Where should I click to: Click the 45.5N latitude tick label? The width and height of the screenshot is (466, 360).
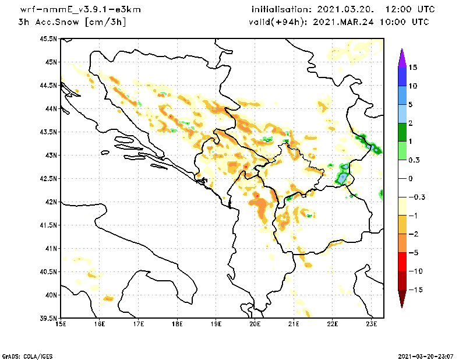[50, 39]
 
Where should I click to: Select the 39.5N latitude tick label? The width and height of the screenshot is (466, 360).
[50, 318]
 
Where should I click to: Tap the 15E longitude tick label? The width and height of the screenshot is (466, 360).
[60, 324]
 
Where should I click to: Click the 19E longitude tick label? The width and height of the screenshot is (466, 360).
[216, 324]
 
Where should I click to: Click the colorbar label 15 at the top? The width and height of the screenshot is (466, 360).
[413, 68]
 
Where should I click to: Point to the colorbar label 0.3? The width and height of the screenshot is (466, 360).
[414, 160]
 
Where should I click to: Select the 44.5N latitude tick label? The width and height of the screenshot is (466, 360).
[50, 86]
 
